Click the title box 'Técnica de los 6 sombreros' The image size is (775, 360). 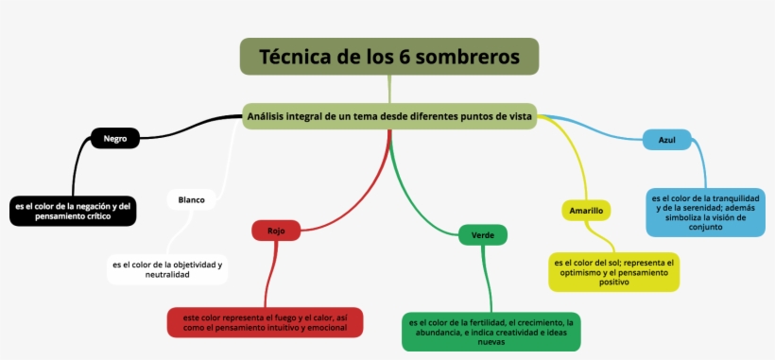click(x=388, y=57)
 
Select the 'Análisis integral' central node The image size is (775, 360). click(x=388, y=116)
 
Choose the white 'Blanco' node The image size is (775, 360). click(x=192, y=199)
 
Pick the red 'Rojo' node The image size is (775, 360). click(x=276, y=231)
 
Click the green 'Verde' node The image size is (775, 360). click(x=482, y=234)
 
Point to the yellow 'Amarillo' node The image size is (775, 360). click(x=586, y=210)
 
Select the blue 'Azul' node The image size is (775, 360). click(x=666, y=140)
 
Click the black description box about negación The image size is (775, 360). click(x=73, y=211)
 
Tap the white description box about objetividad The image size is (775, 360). click(x=166, y=269)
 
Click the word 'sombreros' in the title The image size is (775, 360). click(x=470, y=57)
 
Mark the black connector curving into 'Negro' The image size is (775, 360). click(x=189, y=122)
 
